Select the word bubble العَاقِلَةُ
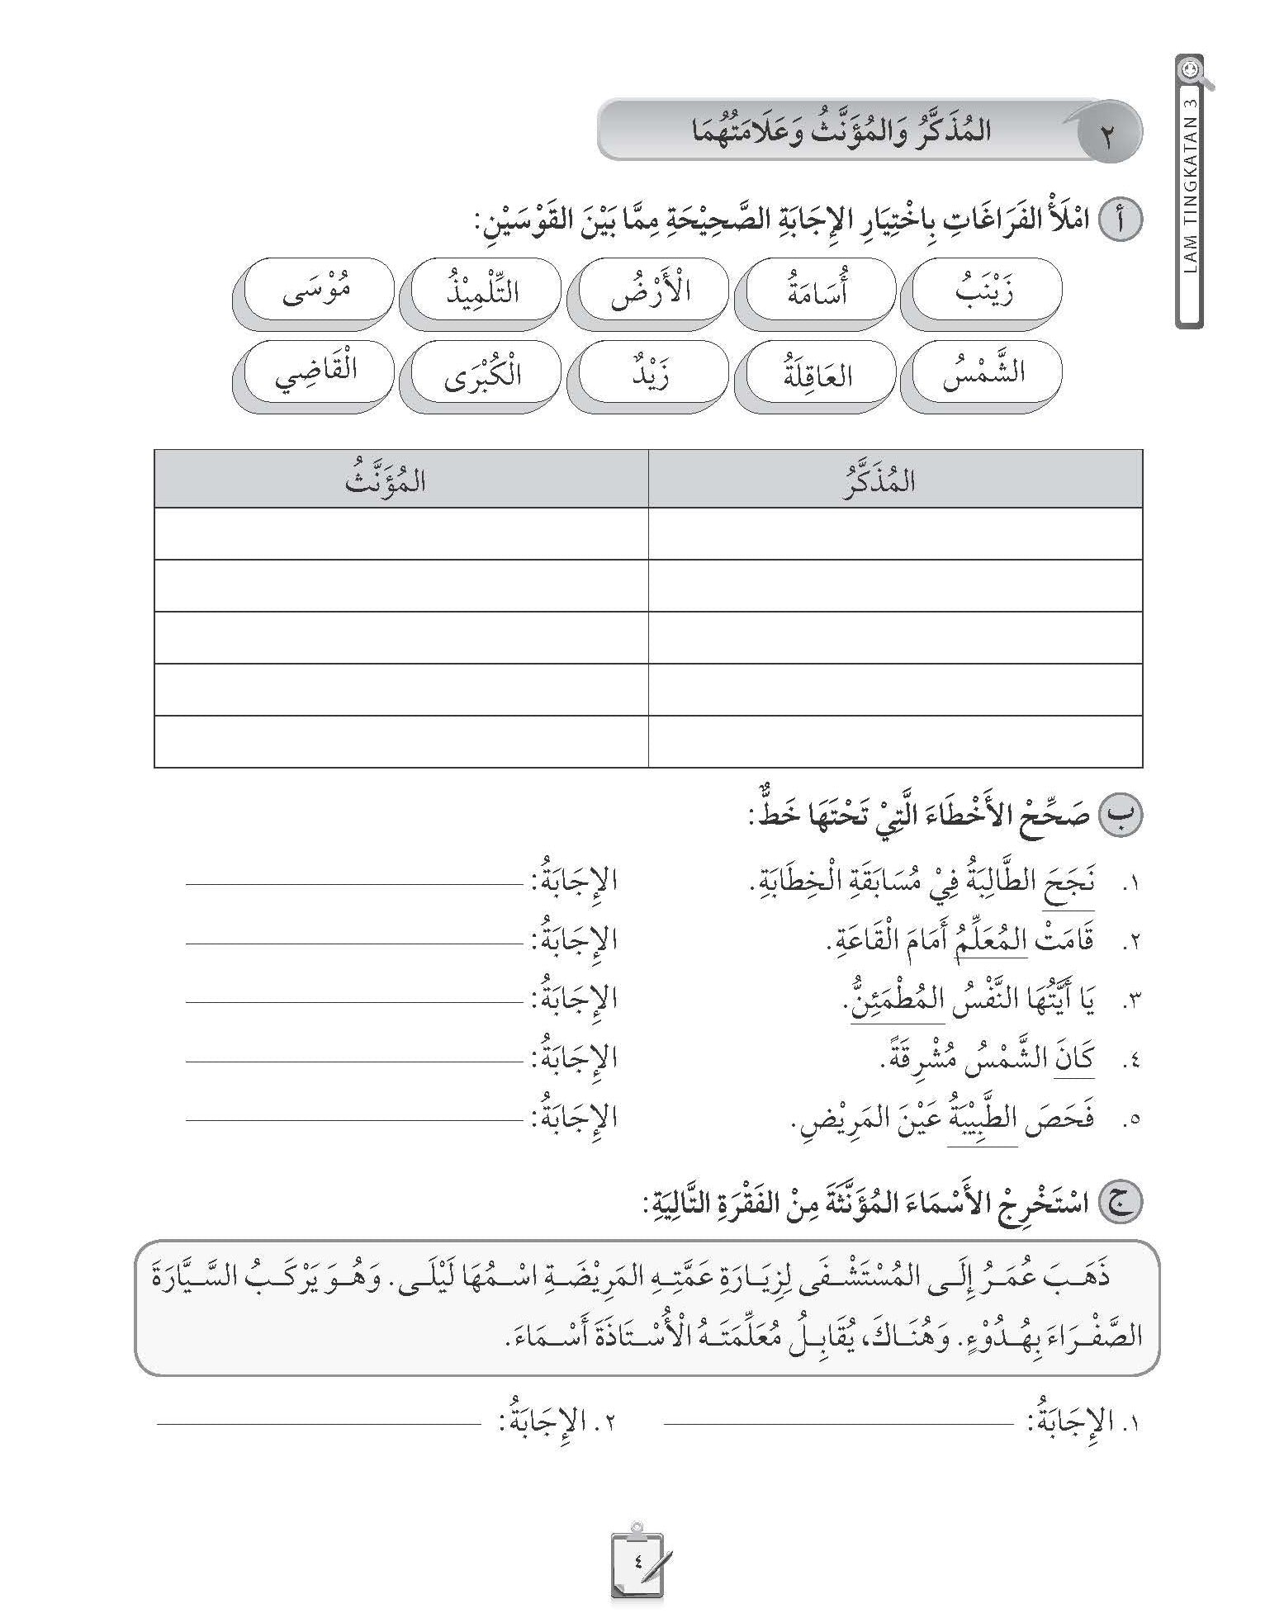point(815,373)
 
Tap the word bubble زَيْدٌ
point(651,373)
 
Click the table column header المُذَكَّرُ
point(895,480)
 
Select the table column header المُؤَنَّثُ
point(401,480)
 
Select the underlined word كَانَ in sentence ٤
point(1074,1059)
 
